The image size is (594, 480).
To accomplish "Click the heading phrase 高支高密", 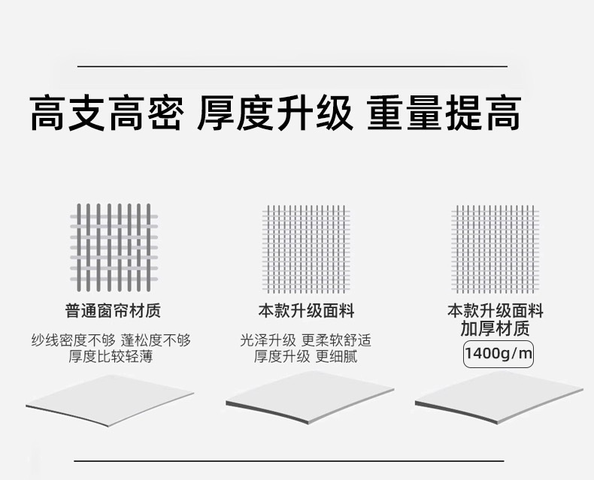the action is pos(106,113).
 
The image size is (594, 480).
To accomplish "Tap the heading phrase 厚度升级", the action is pos(275,113).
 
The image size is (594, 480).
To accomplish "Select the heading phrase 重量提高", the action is pos(444,113).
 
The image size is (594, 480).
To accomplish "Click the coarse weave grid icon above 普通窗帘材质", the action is pos(114,248).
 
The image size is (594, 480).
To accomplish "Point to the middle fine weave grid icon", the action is pos(306,249).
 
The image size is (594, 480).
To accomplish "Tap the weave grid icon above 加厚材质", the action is pos(496,249).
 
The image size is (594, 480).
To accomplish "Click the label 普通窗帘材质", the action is pos(113,310).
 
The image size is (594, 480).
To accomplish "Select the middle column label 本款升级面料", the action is pos(306,310).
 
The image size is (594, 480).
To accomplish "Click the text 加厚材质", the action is pos(496,328).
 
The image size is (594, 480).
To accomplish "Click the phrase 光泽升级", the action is pos(268,340).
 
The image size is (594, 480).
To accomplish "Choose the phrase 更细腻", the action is pos(336,357).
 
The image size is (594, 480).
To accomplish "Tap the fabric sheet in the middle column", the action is pos(309,401).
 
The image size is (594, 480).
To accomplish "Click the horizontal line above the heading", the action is pos(292,67).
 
